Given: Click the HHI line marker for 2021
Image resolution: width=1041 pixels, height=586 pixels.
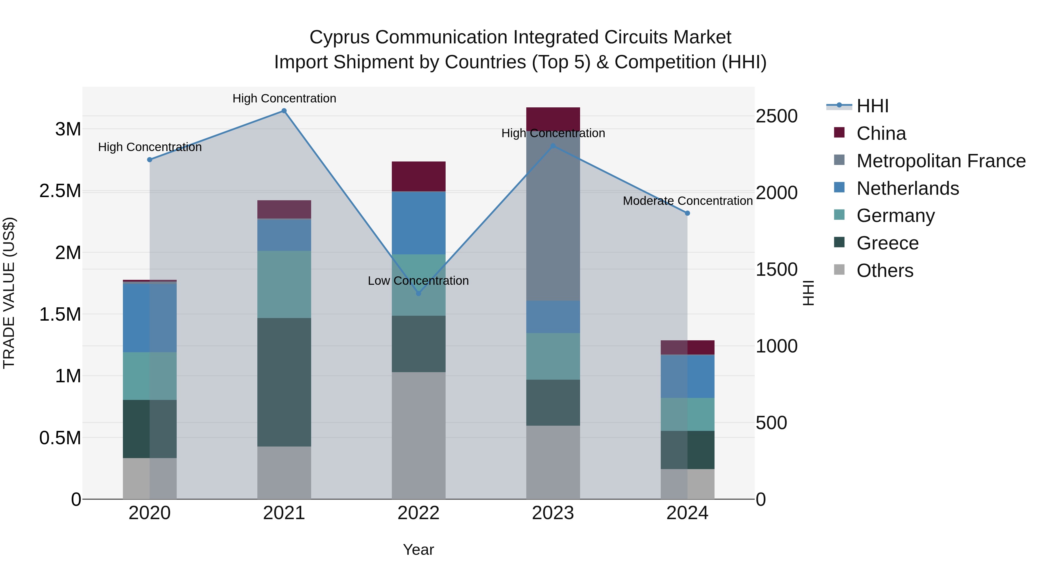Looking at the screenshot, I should pos(284,111).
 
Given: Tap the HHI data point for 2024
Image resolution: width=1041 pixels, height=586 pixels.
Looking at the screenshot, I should pos(687,213).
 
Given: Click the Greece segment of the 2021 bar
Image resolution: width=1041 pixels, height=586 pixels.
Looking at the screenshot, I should pos(284,382).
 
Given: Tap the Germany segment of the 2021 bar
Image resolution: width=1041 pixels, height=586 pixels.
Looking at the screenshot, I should pos(284,284).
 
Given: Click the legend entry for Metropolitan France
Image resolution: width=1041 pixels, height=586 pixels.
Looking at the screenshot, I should pos(941,161).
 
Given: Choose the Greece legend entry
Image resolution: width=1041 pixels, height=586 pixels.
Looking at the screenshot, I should pos(887,243).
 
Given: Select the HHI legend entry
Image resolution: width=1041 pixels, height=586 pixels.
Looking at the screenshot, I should pos(872,106).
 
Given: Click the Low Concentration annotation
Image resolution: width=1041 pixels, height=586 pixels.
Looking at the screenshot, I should pos(418,281).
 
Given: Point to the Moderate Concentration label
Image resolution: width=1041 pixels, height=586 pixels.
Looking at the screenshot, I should pos(687,201).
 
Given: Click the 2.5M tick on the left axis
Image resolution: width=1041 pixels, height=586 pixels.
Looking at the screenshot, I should pos(60,191).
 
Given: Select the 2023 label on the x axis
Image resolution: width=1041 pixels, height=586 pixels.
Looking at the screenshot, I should pos(553,513).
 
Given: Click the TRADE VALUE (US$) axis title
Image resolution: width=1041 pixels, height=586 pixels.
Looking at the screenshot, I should pos(9,293).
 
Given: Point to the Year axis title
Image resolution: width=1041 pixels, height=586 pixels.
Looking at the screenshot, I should pos(418,550).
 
